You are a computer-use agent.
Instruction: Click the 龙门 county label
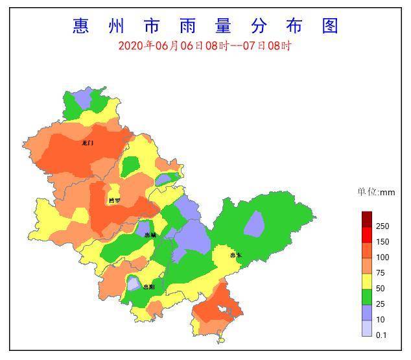pyautogui.click(x=88, y=143)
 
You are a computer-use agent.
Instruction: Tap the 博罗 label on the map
pyautogui.click(x=115, y=200)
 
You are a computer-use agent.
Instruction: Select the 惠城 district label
pyautogui.click(x=150, y=235)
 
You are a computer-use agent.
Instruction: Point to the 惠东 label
pyautogui.click(x=235, y=256)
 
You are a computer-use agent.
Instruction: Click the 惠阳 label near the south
pyautogui.click(x=149, y=286)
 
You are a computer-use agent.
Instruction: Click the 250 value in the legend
pyautogui.click(x=382, y=226)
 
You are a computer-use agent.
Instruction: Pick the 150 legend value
pyautogui.click(x=382, y=242)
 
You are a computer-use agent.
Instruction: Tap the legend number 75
pyautogui.click(x=381, y=273)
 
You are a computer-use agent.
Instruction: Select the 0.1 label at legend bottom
pyautogui.click(x=381, y=335)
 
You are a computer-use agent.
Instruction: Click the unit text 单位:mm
pyautogui.click(x=376, y=192)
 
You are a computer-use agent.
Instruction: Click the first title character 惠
pyautogui.click(x=81, y=26)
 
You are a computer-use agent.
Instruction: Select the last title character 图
pyautogui.click(x=329, y=26)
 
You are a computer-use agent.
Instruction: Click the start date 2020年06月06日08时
pyautogui.click(x=174, y=46)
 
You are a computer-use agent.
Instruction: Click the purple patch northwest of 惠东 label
pyautogui.click(x=254, y=224)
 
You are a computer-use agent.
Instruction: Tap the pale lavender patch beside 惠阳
pyautogui.click(x=133, y=283)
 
